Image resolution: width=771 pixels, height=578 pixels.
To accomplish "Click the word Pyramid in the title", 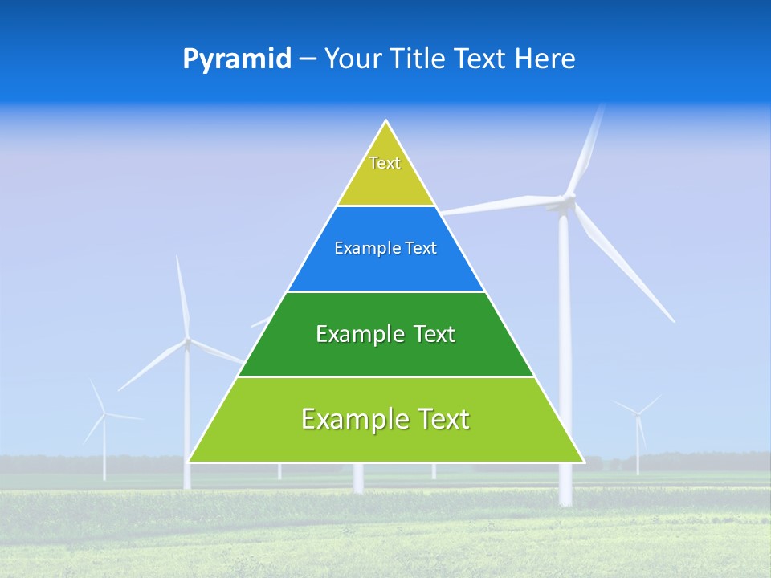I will pyautogui.click(x=237, y=59).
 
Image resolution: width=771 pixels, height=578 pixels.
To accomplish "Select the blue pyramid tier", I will pyautogui.click(x=386, y=269).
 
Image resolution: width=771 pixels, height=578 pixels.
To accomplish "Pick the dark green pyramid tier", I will pyautogui.click(x=386, y=357).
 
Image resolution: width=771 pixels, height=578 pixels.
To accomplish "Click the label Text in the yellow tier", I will pyautogui.click(x=385, y=163).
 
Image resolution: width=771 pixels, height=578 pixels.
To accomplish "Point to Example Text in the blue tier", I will pyautogui.click(x=385, y=248).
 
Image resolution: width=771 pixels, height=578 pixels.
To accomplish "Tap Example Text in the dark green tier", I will pyautogui.click(x=385, y=334).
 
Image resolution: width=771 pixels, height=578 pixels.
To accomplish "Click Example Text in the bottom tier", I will pyautogui.click(x=385, y=419).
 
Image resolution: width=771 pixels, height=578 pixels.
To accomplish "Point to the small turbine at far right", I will pyautogui.click(x=638, y=413).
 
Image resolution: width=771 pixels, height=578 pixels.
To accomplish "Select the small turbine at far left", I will pyautogui.click(x=104, y=414).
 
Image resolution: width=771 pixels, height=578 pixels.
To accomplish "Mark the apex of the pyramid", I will pyautogui.click(x=386, y=123).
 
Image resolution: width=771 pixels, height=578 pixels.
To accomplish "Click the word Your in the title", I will pyautogui.click(x=351, y=59).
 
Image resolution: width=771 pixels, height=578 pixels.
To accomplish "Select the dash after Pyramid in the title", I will pyautogui.click(x=307, y=59).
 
